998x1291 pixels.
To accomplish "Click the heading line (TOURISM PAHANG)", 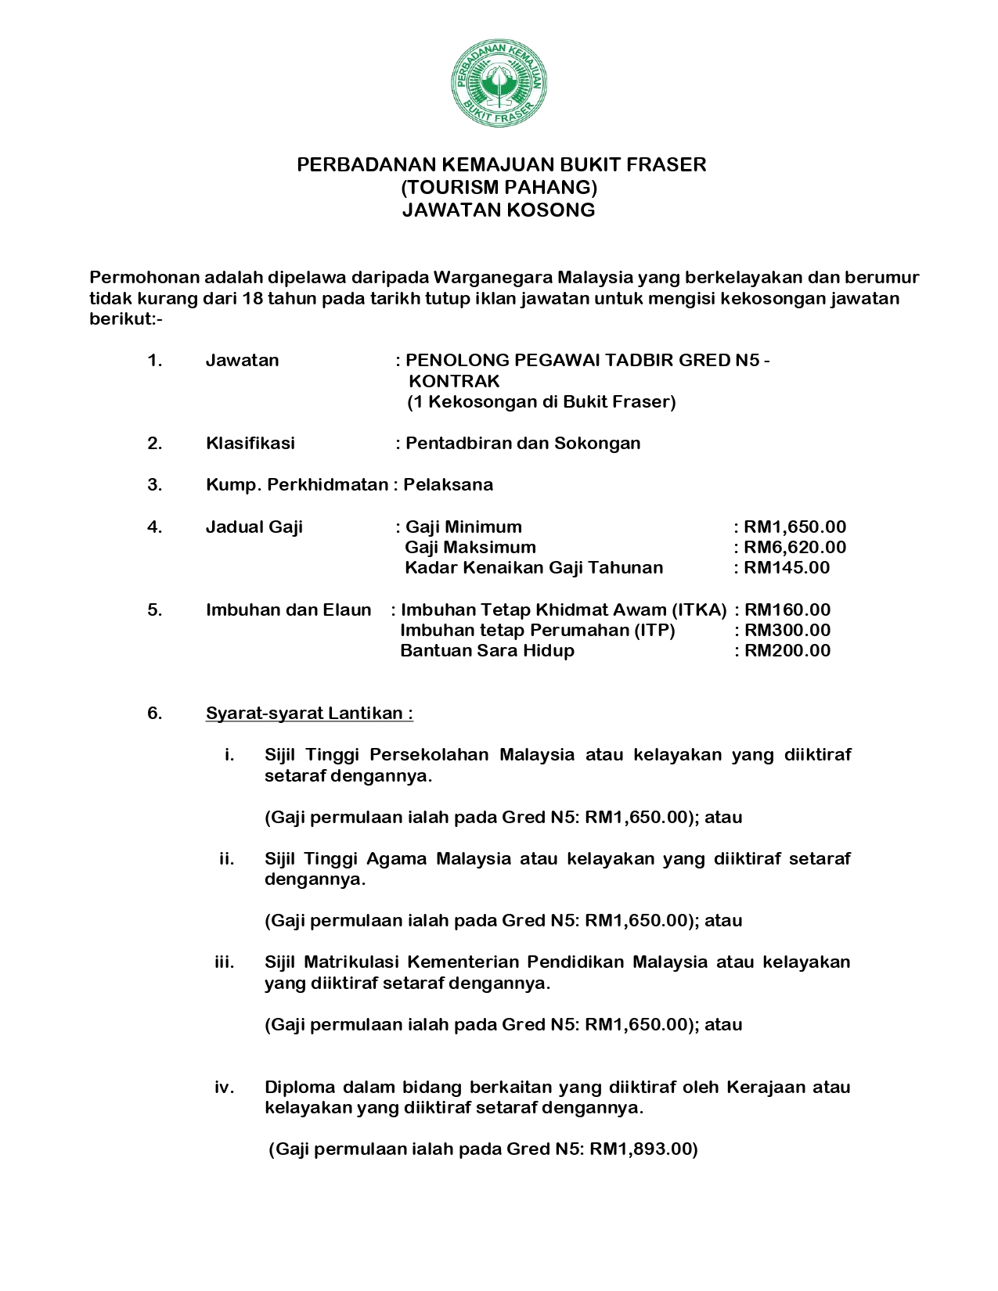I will pos(499,187).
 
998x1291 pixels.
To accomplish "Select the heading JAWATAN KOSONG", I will pos(499,210).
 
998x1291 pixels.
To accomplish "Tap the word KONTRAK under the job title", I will pos(454,381).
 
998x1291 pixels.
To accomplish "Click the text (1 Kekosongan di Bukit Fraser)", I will pos(541,402).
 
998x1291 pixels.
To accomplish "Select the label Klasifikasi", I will pos(250,443).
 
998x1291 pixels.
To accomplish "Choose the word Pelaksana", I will pos(449,484).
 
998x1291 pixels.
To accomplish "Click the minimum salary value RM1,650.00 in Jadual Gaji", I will pos(794,527).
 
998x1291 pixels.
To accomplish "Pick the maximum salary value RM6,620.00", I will pos(794,547).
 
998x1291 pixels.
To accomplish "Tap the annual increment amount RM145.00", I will pos(787,567).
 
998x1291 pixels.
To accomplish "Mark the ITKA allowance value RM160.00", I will pos(787,610).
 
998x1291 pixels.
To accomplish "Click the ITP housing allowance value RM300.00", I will pos(787,630).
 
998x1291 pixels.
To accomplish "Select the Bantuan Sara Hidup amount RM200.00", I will pos(787,650).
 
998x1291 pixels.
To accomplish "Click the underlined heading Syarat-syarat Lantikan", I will pos(309,713).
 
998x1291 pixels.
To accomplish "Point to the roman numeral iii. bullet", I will pos(225,962).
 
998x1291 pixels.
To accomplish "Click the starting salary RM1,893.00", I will pos(643,1149).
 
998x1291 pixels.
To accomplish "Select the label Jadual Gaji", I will pos(254,527).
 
